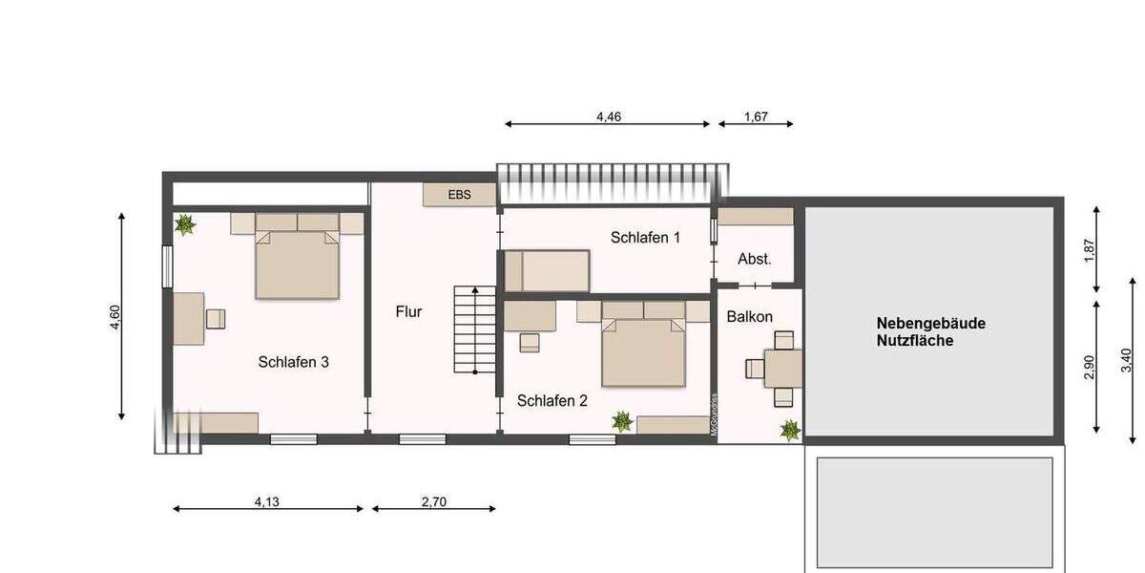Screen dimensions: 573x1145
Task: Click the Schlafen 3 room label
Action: coord(294,362)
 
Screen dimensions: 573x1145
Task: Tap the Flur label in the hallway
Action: coord(408,311)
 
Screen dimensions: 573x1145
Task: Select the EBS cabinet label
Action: coord(460,194)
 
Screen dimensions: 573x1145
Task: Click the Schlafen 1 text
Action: coord(645,238)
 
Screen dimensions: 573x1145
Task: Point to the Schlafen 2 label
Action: coord(552,401)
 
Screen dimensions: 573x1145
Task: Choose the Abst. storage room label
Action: coord(755,259)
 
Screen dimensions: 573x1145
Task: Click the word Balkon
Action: coord(749,316)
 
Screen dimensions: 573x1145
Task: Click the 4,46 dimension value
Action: coord(609,117)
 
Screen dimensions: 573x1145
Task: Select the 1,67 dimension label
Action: coord(755,117)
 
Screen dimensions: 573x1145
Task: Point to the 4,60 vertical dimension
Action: coord(115,316)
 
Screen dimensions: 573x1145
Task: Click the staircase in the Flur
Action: coord(474,329)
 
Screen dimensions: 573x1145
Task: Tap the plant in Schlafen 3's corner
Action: coord(185,225)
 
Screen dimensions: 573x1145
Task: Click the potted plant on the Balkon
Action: coord(789,431)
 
